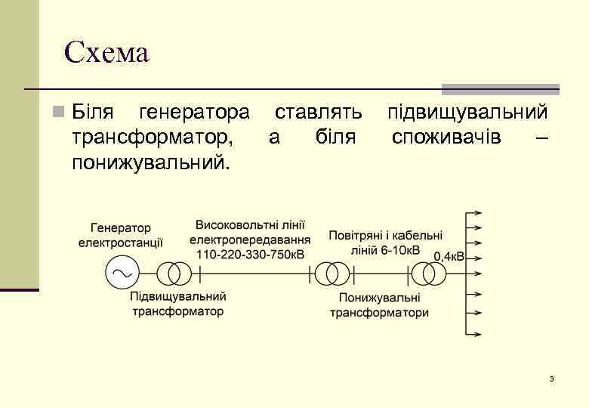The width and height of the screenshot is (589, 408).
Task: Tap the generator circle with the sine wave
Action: pos(121,273)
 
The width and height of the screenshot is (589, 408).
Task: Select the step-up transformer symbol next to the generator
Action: pos(173,273)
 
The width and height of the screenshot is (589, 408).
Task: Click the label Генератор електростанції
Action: pos(121,235)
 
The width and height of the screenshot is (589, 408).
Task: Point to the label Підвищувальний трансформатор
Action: pos(178,304)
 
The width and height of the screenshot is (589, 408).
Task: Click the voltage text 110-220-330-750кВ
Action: pos(250,254)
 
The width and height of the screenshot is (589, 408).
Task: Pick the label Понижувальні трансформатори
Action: pos(379,305)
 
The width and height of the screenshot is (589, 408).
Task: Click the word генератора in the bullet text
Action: pos(194,113)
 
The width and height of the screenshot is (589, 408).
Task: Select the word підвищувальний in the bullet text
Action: pos(467,113)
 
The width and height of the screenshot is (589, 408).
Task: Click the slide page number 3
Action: pos(552,378)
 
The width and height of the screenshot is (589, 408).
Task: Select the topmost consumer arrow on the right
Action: pos(473,214)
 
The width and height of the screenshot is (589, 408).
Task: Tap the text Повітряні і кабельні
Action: pos(386,236)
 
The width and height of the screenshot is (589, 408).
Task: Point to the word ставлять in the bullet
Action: pos(318,113)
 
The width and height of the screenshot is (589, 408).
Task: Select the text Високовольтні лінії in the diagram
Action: pos(250,225)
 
